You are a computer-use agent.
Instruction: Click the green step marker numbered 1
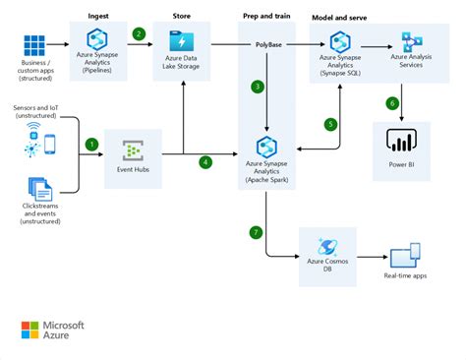pyautogui.click(x=92, y=144)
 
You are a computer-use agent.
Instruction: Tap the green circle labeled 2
pyautogui.click(x=139, y=33)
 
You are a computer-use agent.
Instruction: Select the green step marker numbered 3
pyautogui.click(x=258, y=87)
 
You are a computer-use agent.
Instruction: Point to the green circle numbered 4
pyautogui.click(x=205, y=161)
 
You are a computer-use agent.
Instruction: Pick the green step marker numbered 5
pyautogui.click(x=331, y=124)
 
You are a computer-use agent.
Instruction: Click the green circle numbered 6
pyautogui.click(x=392, y=103)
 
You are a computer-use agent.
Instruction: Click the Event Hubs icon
pyautogui.click(x=133, y=150)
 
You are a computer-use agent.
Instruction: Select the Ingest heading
pyautogui.click(x=99, y=16)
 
